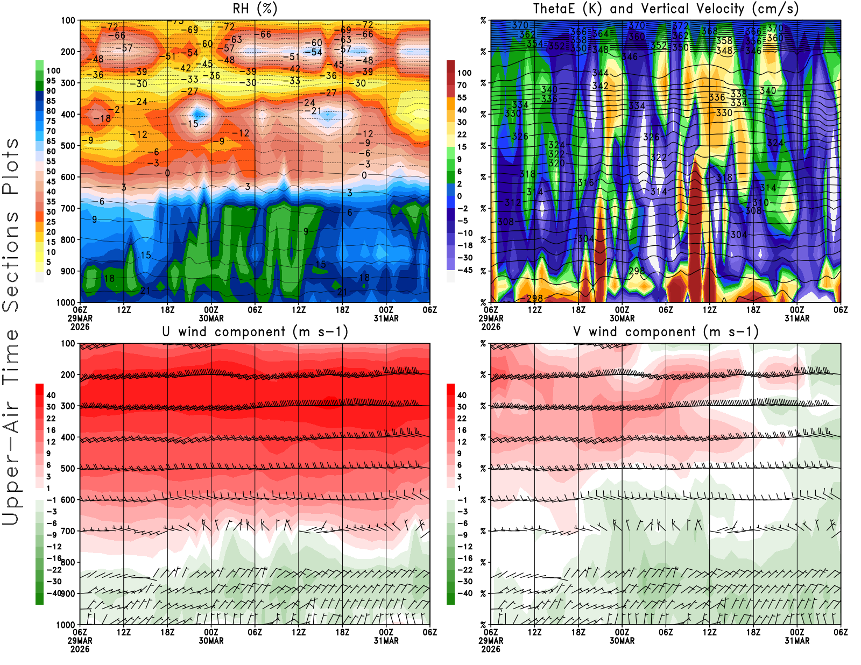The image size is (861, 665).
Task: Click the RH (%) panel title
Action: tap(255, 9)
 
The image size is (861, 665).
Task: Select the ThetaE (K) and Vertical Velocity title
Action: tap(666, 9)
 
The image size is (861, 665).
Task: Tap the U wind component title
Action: tap(255, 331)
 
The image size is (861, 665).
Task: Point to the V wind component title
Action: tap(666, 331)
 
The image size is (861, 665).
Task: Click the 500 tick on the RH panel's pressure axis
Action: tap(68, 145)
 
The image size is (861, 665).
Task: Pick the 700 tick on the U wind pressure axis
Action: tap(68, 531)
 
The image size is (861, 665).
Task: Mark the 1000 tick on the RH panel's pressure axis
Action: tap(66, 302)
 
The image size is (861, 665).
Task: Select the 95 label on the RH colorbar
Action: tap(51, 81)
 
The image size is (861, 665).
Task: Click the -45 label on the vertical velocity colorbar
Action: tap(464, 270)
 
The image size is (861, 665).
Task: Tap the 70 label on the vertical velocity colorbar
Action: tap(462, 85)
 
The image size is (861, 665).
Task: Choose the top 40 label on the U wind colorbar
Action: tap(51, 395)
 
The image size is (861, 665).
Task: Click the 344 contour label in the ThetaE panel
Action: tap(600, 73)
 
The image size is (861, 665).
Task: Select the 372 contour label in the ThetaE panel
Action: tap(680, 26)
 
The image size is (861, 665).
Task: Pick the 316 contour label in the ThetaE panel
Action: tap(585, 183)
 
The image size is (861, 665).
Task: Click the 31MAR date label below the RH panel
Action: tap(386, 319)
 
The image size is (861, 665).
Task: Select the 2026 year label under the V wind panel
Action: tap(491, 649)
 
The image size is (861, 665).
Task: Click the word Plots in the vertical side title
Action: tap(11, 167)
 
